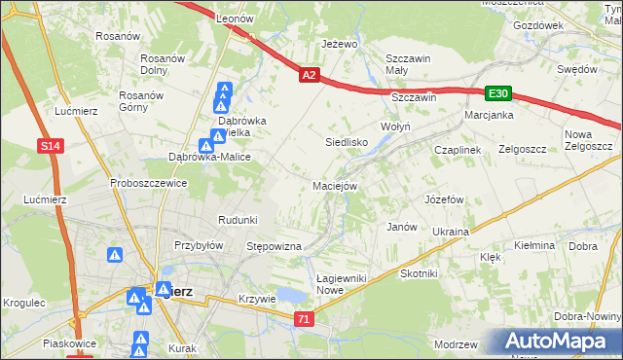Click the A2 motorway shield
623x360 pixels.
click(309, 74)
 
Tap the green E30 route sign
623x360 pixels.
click(498, 93)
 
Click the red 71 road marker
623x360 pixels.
click(305, 318)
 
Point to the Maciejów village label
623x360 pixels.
click(336, 185)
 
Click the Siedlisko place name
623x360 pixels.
click(346, 141)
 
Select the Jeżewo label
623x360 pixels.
click(341, 45)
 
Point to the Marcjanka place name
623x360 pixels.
click(489, 114)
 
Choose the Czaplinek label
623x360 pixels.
click(458, 150)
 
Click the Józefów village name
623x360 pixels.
click(443, 198)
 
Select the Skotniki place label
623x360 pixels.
click(420, 273)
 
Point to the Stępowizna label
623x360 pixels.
click(275, 247)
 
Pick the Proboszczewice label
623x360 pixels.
click(148, 183)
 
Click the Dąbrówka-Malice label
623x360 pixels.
click(210, 157)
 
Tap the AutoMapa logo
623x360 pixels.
click(559, 341)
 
